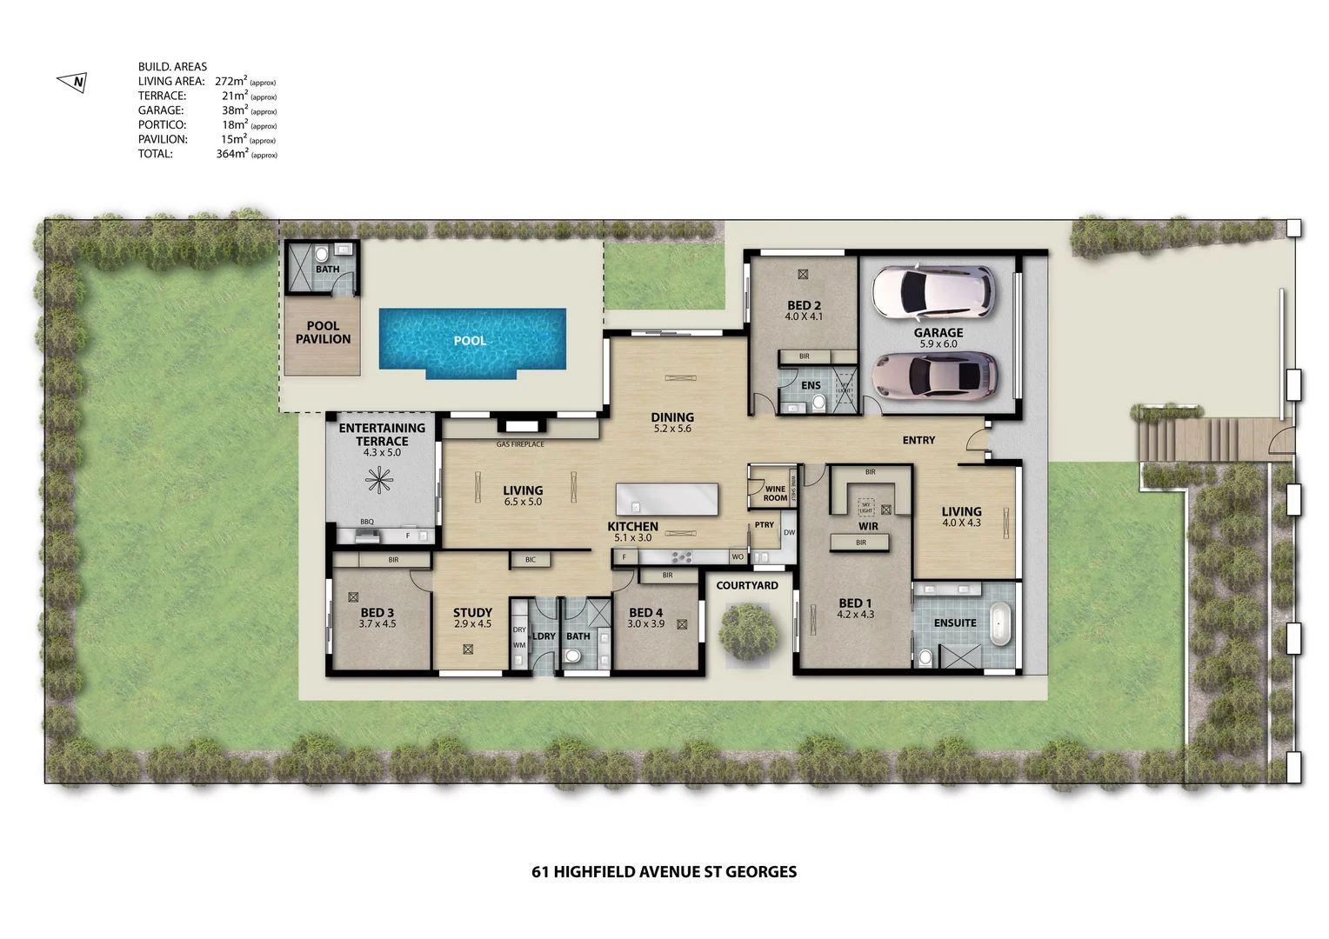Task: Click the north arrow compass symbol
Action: pos(72,83)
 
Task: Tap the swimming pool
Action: pos(471,341)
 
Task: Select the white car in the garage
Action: pos(933,291)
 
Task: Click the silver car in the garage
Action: pos(935,375)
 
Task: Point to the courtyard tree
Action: pos(748,632)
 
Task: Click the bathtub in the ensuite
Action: pos(1001,623)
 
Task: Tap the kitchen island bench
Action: pos(667,500)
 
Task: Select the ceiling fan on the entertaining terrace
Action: pos(379,480)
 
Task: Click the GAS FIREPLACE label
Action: pos(520,444)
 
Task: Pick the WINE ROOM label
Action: pos(775,494)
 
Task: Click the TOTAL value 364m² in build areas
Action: pos(232,154)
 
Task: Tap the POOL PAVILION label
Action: pos(323,332)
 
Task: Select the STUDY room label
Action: pos(472,612)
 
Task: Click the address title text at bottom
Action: pos(664,872)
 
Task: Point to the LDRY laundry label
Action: pos(544,636)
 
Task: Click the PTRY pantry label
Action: pos(765,525)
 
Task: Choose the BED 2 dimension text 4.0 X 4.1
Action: pos(804,317)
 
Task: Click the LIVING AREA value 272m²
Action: pos(231,82)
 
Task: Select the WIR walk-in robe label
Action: pos(868,526)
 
